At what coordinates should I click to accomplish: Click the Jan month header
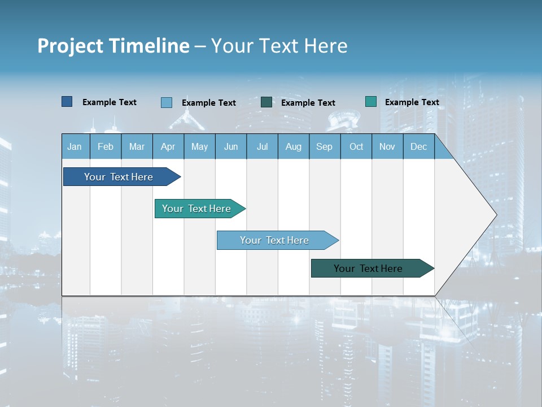click(75, 147)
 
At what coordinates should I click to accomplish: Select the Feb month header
click(106, 147)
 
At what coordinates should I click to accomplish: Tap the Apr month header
click(168, 147)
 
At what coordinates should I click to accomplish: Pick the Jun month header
click(231, 147)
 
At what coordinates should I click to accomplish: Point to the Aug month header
click(293, 147)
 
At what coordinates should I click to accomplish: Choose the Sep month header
click(324, 147)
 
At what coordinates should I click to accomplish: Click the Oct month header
click(356, 147)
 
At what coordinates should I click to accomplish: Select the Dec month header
click(418, 147)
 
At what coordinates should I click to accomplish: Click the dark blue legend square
click(67, 102)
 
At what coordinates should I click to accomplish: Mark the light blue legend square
click(167, 102)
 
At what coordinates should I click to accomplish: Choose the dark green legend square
click(266, 102)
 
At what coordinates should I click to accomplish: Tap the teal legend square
click(371, 102)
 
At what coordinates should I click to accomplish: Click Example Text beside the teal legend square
click(412, 102)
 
